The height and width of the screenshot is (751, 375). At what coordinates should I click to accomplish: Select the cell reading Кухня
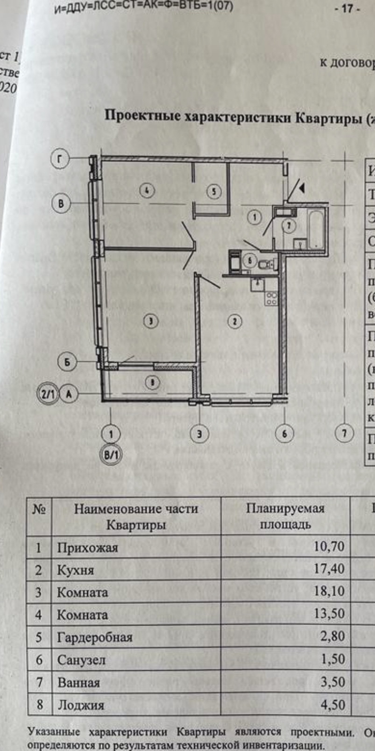click(x=75, y=570)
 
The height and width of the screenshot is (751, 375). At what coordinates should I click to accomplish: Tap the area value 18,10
click(x=329, y=591)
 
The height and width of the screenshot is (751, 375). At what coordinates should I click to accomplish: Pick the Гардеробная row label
click(x=94, y=637)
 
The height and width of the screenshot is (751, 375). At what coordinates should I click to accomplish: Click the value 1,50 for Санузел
click(x=332, y=660)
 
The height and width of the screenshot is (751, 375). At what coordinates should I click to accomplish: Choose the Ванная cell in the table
click(x=78, y=682)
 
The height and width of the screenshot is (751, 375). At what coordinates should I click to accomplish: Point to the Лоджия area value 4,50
click(x=332, y=705)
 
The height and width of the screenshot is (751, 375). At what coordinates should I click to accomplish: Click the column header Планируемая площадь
click(x=285, y=516)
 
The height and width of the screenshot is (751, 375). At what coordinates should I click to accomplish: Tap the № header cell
click(x=39, y=509)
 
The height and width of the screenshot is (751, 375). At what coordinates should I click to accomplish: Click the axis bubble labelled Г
click(x=59, y=159)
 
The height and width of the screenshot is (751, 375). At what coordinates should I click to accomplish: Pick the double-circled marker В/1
click(x=111, y=455)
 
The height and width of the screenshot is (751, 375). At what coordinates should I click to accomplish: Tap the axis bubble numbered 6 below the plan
click(x=284, y=434)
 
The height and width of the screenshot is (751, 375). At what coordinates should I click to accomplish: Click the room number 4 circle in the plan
click(x=147, y=190)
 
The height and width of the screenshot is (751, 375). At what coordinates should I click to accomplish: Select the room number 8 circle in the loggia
click(x=152, y=382)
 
